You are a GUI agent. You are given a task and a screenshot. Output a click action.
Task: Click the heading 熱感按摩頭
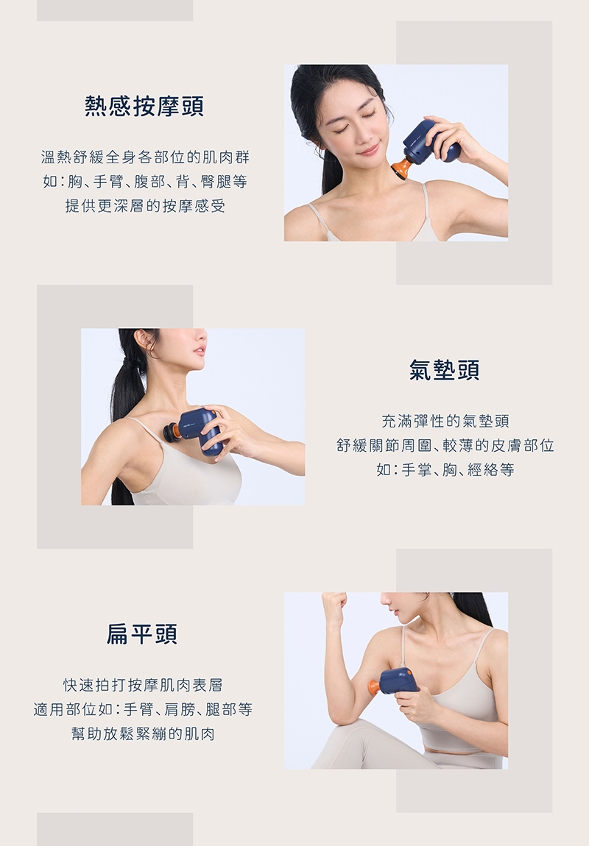click(x=144, y=106)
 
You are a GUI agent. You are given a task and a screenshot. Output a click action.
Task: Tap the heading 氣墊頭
click(x=444, y=369)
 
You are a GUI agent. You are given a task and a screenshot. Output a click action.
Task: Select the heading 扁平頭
click(x=141, y=633)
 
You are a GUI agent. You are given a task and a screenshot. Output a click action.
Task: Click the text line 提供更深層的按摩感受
click(x=145, y=206)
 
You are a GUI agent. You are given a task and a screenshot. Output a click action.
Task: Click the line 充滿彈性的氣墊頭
click(x=445, y=421)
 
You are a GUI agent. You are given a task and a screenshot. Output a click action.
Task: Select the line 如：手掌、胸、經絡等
click(x=445, y=469)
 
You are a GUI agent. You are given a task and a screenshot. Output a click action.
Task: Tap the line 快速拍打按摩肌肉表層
click(x=143, y=685)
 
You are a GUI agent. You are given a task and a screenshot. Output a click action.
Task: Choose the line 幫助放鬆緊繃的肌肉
click(x=143, y=733)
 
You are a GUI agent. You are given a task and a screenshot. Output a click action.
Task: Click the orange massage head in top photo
click(x=402, y=168)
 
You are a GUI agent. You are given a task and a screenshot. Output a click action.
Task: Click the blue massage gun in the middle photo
click(x=201, y=430)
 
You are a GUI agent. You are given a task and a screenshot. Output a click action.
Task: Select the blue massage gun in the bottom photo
click(x=398, y=680)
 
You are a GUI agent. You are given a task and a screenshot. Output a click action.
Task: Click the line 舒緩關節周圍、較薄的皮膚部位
click(x=445, y=445)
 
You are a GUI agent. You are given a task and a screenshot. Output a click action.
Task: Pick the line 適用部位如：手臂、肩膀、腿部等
click(x=143, y=709)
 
